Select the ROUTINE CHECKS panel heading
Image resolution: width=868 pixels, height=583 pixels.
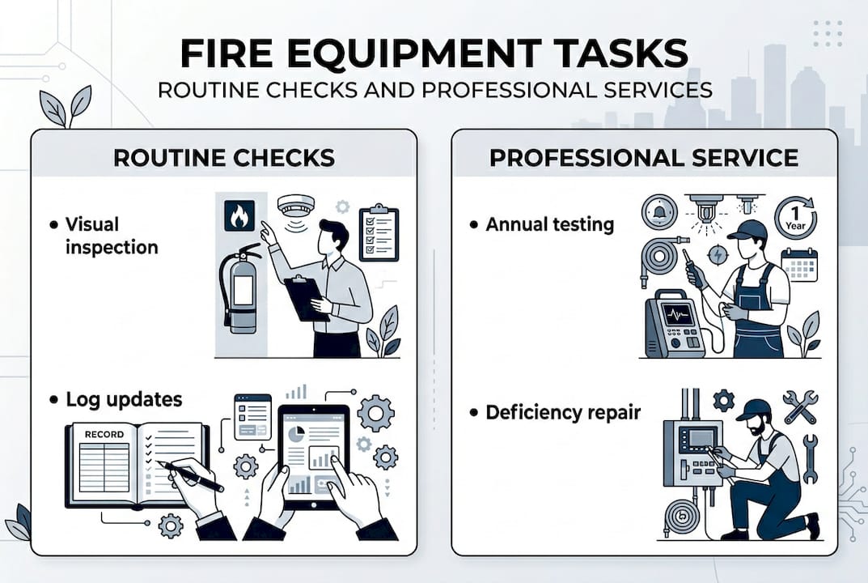tap(223, 157)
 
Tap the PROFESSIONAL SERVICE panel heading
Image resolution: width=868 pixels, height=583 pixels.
tap(644, 157)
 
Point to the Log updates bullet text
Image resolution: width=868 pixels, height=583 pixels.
tap(124, 400)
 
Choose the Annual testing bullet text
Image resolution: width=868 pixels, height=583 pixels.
tap(549, 224)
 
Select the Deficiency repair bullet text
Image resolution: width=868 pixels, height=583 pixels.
tap(562, 412)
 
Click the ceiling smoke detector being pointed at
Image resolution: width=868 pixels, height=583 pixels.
tap(295, 206)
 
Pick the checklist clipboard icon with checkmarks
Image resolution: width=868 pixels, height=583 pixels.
tap(379, 232)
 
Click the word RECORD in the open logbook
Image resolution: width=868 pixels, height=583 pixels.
tap(104, 435)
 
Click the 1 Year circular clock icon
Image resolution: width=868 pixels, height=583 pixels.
tap(795, 217)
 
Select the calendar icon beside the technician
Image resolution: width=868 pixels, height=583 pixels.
tap(799, 265)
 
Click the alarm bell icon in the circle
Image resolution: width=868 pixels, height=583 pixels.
tap(658, 211)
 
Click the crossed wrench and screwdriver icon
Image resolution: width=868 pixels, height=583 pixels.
tap(799, 407)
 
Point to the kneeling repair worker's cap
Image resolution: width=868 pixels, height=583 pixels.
tap(752, 409)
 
